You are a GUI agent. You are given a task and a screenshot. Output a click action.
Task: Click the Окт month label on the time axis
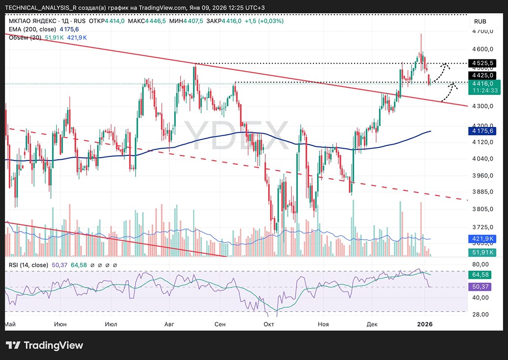(x=269, y=324)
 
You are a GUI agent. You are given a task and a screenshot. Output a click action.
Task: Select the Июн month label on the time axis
(x=60, y=324)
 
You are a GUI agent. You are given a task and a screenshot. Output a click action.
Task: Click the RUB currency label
(x=480, y=21)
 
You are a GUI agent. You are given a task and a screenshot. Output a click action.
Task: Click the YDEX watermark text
(x=237, y=135)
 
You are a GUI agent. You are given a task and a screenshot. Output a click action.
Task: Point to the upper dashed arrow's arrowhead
(x=447, y=64)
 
